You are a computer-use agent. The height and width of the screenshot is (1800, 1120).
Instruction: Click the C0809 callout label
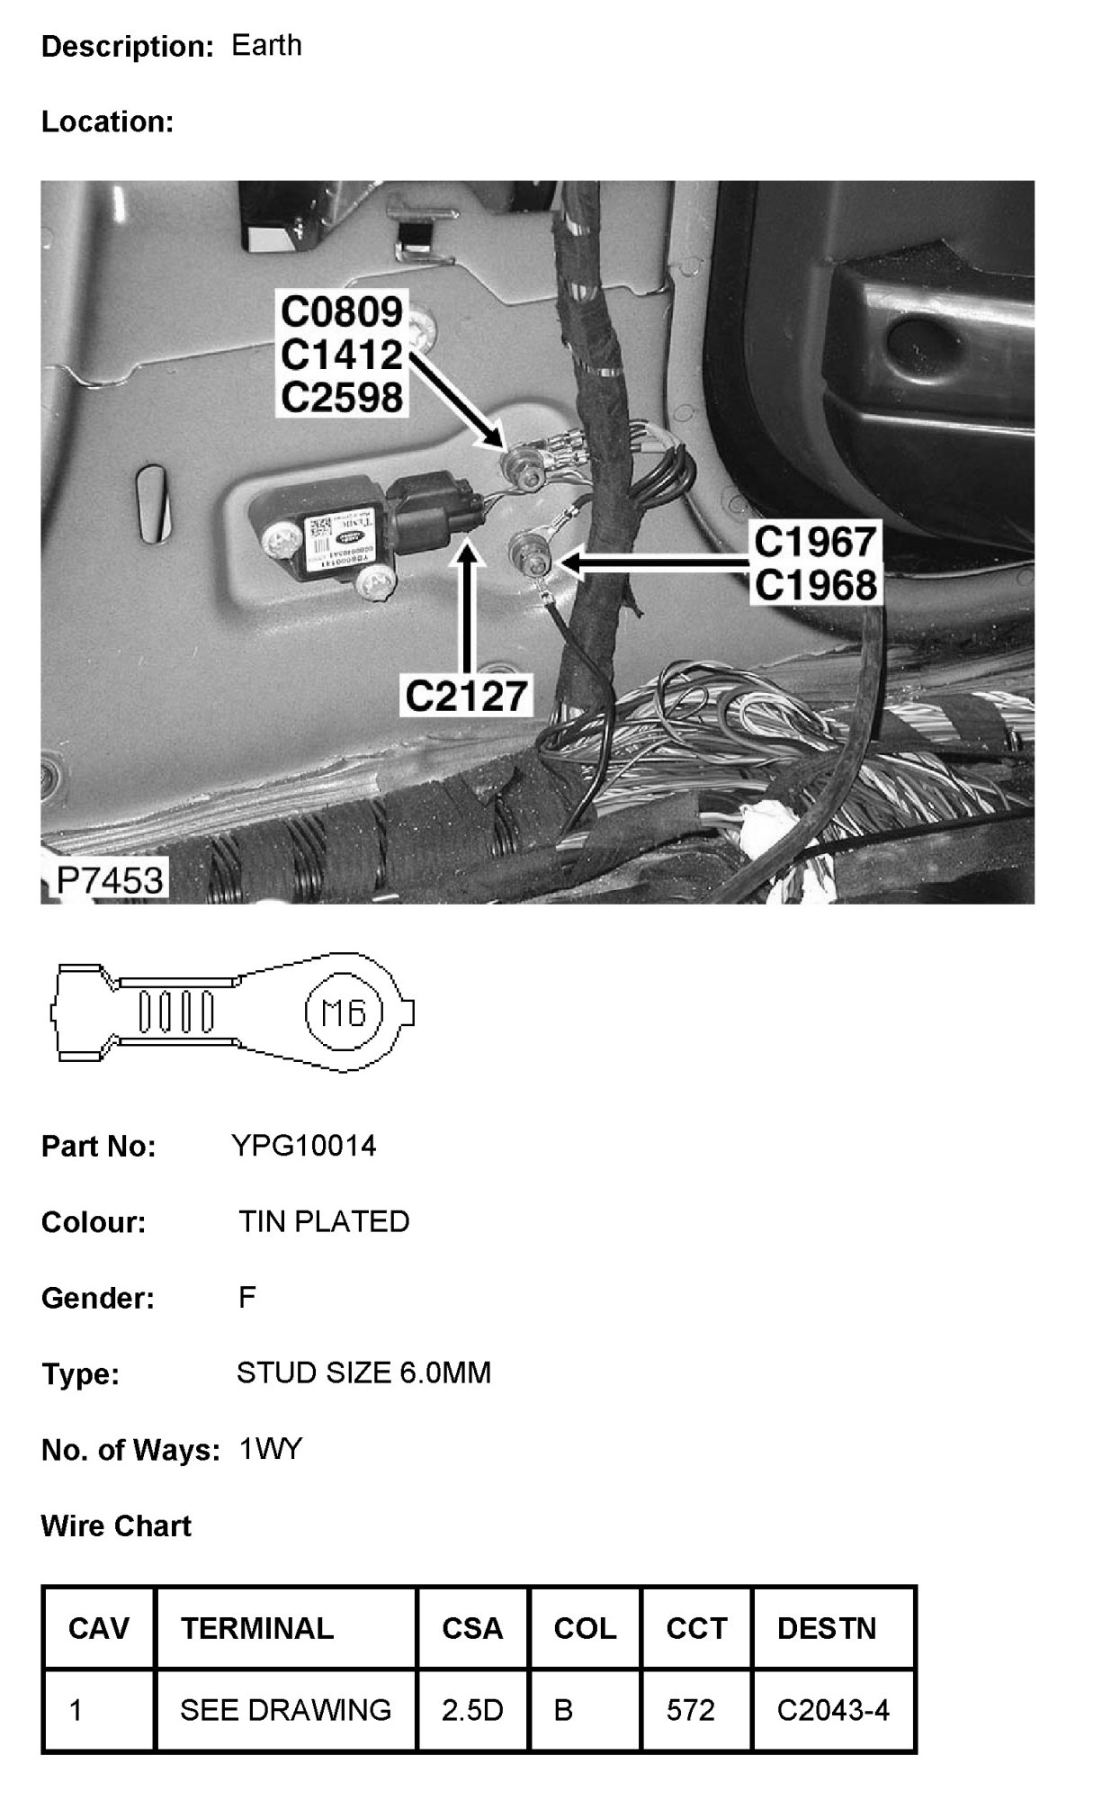coord(341,312)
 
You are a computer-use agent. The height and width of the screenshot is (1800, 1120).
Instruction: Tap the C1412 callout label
coord(341,355)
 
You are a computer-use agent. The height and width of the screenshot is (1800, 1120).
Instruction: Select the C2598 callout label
coord(341,397)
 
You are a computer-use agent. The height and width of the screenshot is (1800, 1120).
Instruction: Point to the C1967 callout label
coord(814,543)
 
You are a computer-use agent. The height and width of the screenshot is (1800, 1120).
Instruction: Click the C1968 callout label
coord(814,586)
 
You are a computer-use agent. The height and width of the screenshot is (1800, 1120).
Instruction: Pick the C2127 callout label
coord(466,696)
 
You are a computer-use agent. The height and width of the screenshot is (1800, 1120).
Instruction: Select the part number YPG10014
coord(304,1146)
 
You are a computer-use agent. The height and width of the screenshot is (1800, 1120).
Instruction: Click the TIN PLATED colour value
coord(324,1221)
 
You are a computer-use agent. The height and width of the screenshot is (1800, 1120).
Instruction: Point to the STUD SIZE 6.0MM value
coord(363,1372)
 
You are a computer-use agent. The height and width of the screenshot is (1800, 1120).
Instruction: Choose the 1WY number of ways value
coord(271,1449)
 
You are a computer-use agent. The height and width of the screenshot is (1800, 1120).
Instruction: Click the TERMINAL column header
coord(257,1628)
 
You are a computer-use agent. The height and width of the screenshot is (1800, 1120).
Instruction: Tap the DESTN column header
coord(827,1628)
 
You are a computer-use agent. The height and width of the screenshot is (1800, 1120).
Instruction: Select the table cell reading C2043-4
coord(833,1710)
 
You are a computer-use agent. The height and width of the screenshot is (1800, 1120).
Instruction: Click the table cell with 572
coord(690,1710)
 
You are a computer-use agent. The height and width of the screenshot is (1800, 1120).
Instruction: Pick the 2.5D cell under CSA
coord(472,1710)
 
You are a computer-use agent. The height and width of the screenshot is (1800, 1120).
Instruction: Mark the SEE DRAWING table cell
coord(285,1710)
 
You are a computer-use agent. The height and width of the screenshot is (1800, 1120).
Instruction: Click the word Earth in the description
coord(266,46)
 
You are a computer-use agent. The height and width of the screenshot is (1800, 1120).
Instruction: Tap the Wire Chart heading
coord(116,1526)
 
